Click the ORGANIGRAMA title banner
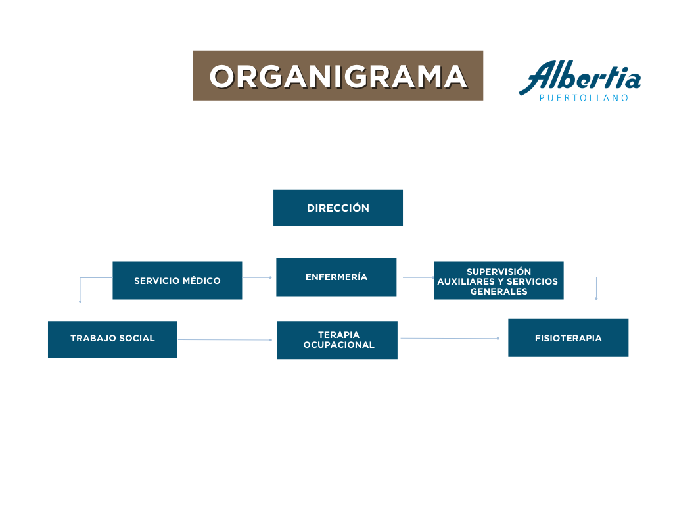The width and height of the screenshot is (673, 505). coord(338,76)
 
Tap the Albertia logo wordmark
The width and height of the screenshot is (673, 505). coord(580,78)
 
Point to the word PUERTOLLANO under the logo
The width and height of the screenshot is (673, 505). coord(584,98)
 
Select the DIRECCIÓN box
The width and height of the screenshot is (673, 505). coord(338,208)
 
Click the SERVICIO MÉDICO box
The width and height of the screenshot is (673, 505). coord(177,280)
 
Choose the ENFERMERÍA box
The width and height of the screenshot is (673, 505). coord(336,277)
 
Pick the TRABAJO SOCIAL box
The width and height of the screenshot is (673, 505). coord(112,339)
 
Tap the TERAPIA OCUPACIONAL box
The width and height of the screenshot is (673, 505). coord(337,340)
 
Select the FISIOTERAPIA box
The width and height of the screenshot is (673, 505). coord(569,337)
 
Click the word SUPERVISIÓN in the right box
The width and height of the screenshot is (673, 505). coord(499,272)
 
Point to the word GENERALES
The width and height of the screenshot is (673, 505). coord(499,291)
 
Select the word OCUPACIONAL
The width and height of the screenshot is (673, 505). coord(339,345)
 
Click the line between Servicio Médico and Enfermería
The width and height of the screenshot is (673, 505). coord(257,277)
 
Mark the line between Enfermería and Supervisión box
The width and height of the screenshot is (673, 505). coord(419,277)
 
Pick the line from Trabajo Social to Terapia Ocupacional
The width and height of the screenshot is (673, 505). coord(225,340)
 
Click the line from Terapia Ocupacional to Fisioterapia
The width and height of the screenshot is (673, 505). coord(450,339)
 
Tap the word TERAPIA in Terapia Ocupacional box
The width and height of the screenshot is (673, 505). coord(338,335)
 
